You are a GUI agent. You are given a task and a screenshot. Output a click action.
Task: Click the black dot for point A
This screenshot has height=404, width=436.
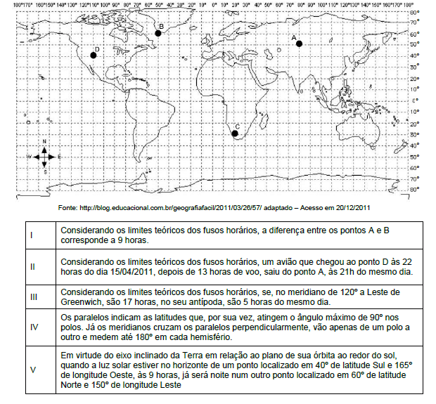pyautogui.click(x=299, y=44)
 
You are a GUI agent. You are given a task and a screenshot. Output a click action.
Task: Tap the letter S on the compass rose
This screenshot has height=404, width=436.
pyautogui.click(x=44, y=171)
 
